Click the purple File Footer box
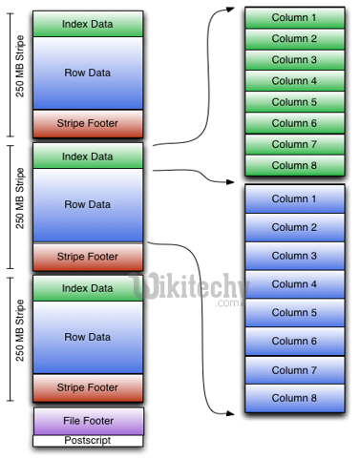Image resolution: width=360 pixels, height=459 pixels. click(x=88, y=421)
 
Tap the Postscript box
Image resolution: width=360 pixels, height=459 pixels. click(x=88, y=441)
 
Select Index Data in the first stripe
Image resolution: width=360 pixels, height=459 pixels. click(x=88, y=23)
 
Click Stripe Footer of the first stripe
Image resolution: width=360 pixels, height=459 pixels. click(x=88, y=123)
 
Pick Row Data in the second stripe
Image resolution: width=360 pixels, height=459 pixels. click(x=88, y=203)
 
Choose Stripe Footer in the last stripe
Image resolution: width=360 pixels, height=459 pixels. click(x=88, y=387)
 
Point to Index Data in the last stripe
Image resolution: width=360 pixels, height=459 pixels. click(x=88, y=287)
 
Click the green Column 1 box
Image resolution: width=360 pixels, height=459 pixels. click(x=294, y=18)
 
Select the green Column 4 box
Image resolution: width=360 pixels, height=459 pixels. click(x=294, y=81)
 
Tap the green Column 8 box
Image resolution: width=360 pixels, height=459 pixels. click(x=294, y=164)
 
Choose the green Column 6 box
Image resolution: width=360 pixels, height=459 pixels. click(x=294, y=123)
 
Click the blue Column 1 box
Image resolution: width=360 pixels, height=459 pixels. click(x=294, y=198)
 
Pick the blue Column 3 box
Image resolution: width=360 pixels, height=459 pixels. click(x=294, y=256)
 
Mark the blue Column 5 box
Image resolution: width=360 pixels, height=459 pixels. click(x=294, y=312)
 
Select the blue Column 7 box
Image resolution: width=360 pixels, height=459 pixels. click(x=294, y=369)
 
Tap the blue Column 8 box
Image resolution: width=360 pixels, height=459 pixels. click(x=294, y=398)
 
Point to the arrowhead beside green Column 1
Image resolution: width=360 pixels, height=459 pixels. click(x=235, y=9)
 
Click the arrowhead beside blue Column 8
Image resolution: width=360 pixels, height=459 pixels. click(x=235, y=412)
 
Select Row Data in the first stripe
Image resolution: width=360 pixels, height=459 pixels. click(x=88, y=72)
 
